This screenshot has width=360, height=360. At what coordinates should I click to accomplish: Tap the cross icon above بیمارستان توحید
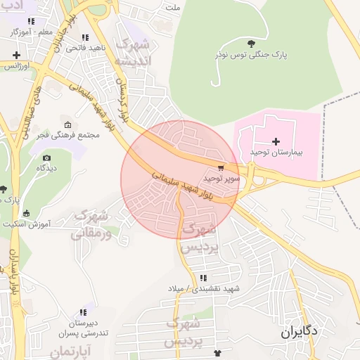276,141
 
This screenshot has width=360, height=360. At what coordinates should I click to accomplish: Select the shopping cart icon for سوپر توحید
221,167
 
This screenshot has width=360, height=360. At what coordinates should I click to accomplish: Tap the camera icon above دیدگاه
46,158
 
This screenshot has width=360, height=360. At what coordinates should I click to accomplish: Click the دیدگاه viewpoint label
46,169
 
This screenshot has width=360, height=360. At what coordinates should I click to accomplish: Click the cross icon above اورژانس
16,55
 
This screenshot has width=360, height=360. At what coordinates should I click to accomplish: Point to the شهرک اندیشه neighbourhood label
134,53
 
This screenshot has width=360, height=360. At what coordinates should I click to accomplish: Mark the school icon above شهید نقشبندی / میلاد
203,278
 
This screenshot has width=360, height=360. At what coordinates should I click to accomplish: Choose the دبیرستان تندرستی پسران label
83,328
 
